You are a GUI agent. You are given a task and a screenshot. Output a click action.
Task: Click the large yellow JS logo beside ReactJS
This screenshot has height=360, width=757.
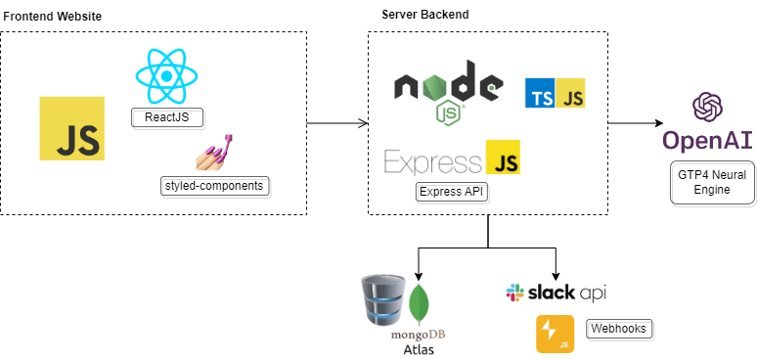71,128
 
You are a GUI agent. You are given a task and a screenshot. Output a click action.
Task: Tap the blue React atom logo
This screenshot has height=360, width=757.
167,75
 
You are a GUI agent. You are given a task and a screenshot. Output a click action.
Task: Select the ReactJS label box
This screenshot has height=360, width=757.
166,118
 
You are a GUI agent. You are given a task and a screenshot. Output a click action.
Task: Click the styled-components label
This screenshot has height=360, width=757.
215,185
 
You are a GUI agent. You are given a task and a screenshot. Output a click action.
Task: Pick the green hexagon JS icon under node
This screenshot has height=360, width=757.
448,112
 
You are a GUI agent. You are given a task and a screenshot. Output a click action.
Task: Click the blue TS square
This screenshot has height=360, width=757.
541,94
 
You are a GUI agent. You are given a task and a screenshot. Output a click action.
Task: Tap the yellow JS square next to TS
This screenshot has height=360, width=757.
571,94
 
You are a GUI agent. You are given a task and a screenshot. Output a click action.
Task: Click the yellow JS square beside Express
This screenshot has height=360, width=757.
503,157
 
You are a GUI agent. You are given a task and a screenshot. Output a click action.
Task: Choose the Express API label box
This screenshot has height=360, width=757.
451,191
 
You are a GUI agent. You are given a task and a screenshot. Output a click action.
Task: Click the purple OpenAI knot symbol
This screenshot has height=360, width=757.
707,108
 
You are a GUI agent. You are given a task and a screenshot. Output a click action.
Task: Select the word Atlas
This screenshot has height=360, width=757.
418,349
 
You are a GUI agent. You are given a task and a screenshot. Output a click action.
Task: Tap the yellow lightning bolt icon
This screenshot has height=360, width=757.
554,333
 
